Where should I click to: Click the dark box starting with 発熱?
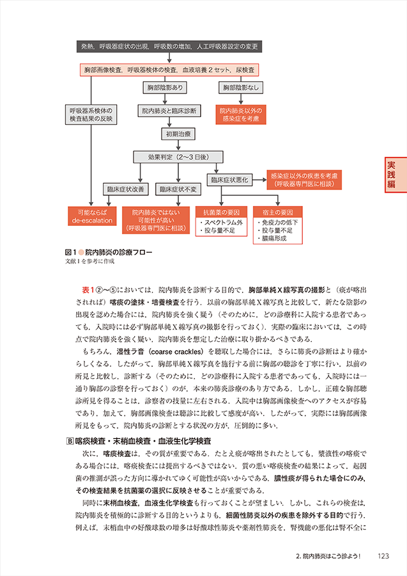169,47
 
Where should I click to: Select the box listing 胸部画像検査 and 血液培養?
169,69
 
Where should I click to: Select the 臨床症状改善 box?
125,189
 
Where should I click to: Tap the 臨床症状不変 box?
178,189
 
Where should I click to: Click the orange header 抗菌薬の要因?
221,211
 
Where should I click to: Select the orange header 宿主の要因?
277,211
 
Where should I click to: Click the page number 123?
384,555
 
